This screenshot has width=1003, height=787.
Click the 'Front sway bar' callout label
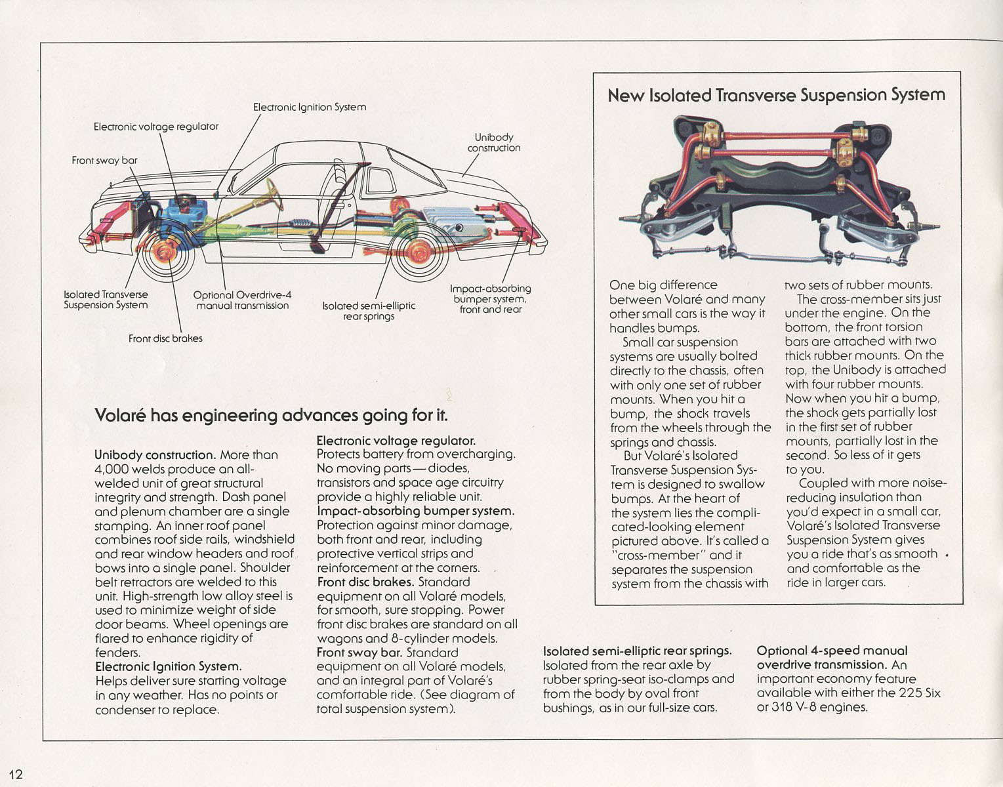coord(104,160)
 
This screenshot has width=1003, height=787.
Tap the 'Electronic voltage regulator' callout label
coord(155,126)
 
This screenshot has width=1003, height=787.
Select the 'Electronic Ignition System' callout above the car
coord(309,107)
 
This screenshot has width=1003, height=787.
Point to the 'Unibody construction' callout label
coord(493,142)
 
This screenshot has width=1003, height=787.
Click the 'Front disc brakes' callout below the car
coord(165,338)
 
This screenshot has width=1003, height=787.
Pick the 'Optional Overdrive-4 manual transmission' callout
coord(242,300)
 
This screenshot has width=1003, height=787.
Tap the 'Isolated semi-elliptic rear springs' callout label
coord(369,311)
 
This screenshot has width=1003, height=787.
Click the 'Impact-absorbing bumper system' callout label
coord(490,298)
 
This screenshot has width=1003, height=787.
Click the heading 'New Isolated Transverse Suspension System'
coord(776,95)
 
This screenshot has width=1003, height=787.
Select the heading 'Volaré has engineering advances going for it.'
coord(272,415)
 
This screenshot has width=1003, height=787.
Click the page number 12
coord(16,774)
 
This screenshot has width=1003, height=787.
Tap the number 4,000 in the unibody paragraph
coord(112,469)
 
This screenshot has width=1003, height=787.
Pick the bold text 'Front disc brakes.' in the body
coord(365,582)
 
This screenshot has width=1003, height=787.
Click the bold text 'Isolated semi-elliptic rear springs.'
coord(636,651)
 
